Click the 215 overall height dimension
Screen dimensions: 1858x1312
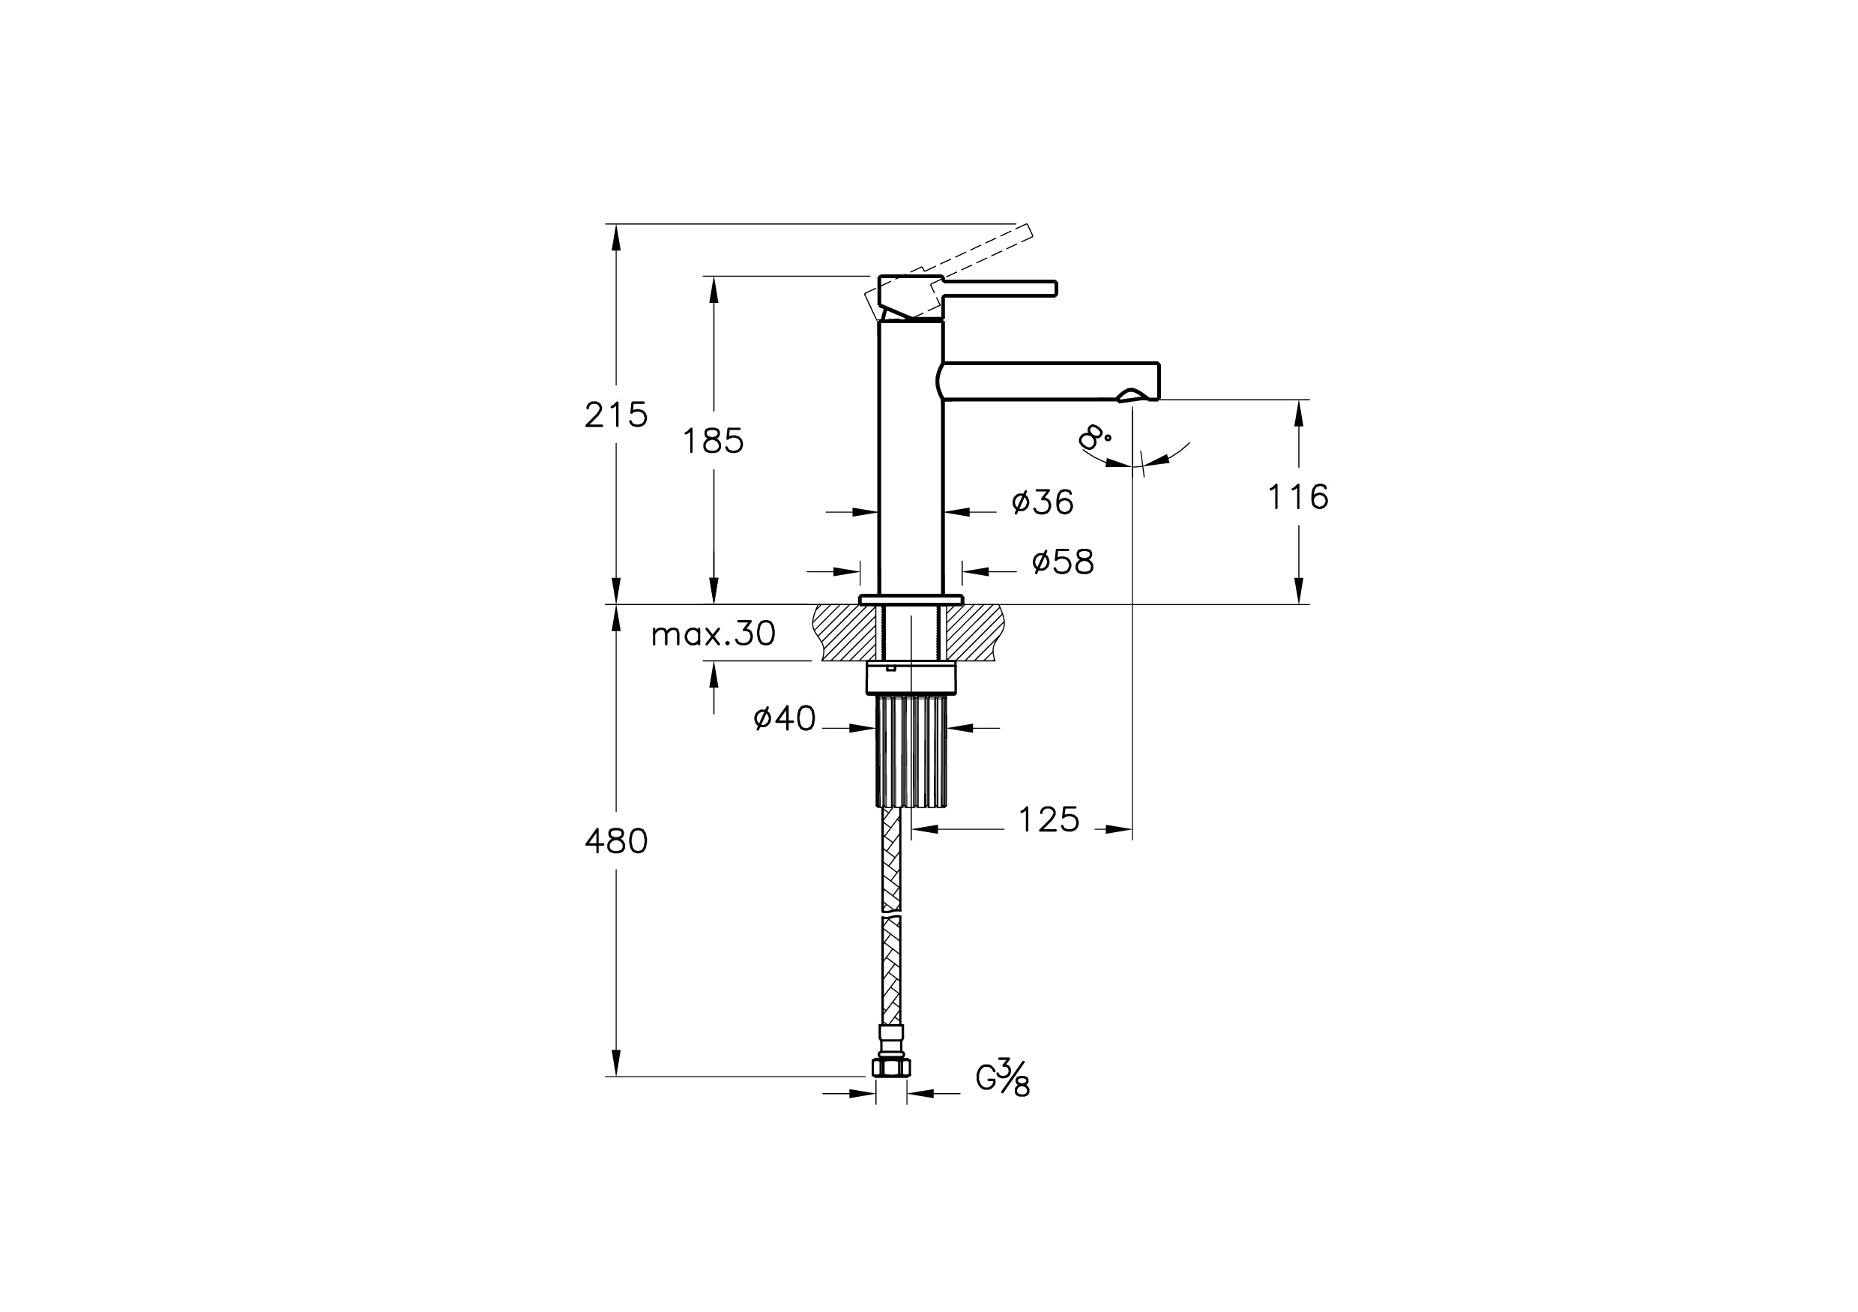click(x=616, y=415)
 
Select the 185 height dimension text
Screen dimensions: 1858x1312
click(x=713, y=441)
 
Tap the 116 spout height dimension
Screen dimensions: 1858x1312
click(x=1298, y=497)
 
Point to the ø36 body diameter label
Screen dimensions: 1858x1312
click(x=1043, y=502)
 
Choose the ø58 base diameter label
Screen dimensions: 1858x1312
click(x=1063, y=562)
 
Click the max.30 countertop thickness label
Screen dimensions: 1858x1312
click(x=713, y=634)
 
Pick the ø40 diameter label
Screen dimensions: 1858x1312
click(x=784, y=718)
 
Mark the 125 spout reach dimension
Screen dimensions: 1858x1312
click(x=1049, y=820)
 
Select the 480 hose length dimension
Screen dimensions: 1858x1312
click(x=616, y=842)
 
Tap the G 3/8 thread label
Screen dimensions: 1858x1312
click(x=1003, y=1077)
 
